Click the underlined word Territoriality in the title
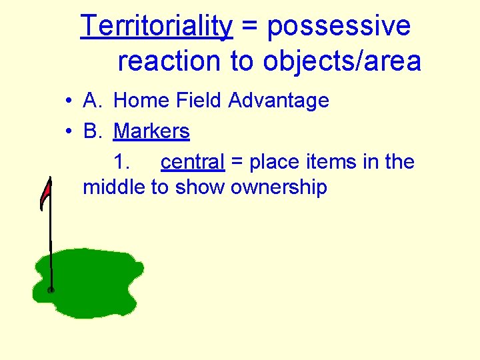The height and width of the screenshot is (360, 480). click(x=157, y=27)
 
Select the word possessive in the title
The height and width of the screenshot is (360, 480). click(x=339, y=27)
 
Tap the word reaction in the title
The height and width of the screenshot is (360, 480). click(x=169, y=61)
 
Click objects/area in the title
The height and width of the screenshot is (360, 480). click(x=342, y=61)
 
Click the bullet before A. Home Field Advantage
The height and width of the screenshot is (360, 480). click(x=69, y=101)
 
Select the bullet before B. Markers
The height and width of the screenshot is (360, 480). click(x=69, y=132)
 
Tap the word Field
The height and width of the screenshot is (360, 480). click(x=197, y=101)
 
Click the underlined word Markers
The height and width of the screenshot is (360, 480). click(x=151, y=131)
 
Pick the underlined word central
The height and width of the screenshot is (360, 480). click(x=193, y=162)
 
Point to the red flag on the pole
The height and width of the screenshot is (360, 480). click(x=45, y=193)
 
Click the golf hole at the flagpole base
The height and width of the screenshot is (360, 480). click(x=51, y=290)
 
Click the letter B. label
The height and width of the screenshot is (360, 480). click(x=93, y=131)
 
